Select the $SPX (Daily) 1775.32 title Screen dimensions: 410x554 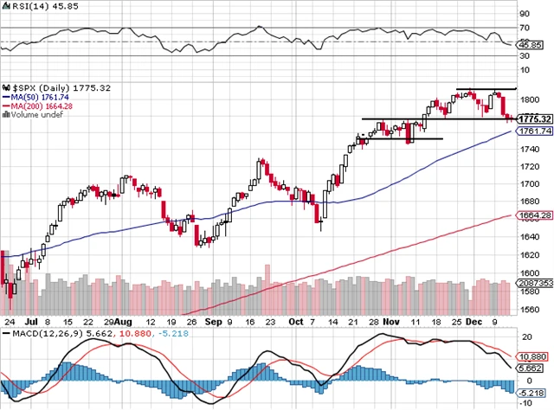[x=52, y=87]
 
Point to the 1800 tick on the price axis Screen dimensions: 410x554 [x=529, y=98]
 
